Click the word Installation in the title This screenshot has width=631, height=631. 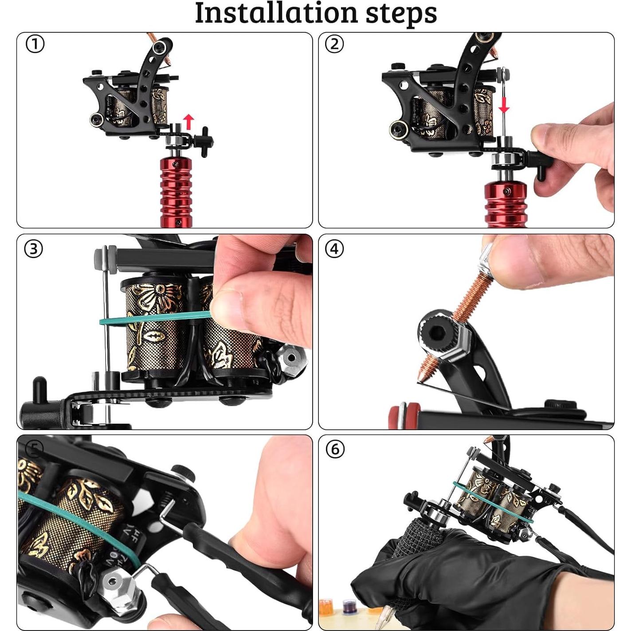[x=276, y=13]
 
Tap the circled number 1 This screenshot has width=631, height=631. [x=35, y=45]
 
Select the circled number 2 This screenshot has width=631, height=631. [x=334, y=44]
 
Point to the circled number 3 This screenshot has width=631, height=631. [x=34, y=249]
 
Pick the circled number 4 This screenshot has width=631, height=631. [x=334, y=249]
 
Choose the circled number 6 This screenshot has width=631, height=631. [x=335, y=449]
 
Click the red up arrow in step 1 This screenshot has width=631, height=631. [x=188, y=122]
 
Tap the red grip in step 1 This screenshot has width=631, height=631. [x=176, y=192]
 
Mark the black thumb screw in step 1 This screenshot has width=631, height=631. [x=203, y=141]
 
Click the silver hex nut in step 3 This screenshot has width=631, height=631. [x=291, y=360]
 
